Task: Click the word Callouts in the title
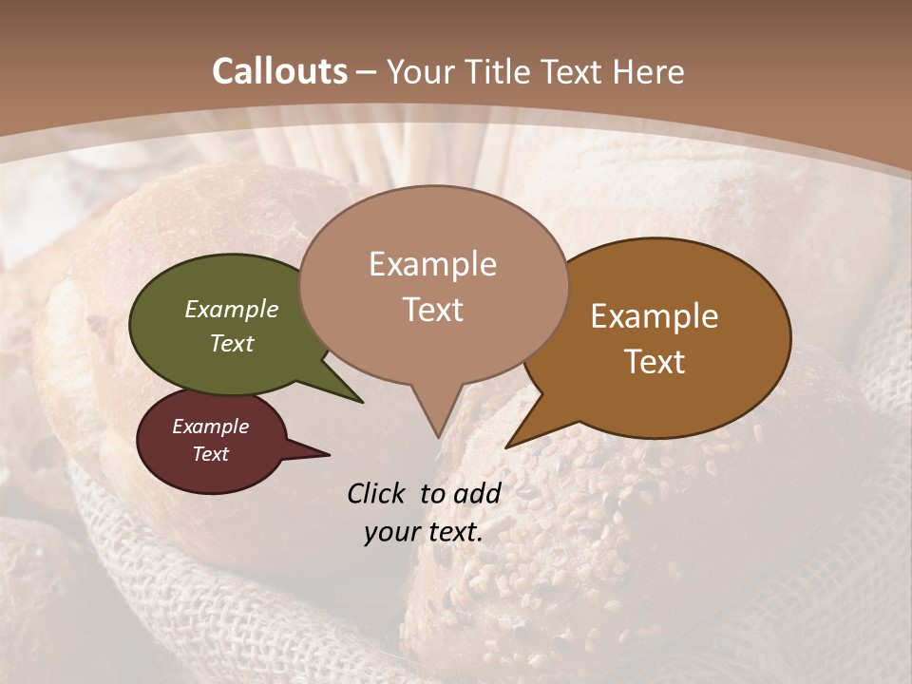point(279,71)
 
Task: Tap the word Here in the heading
point(648,71)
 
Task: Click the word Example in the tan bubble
point(432,264)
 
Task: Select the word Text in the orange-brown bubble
point(655,362)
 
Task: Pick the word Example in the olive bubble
point(232,309)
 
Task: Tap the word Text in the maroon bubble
point(211,454)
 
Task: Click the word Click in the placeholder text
point(377,493)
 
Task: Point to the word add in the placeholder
point(478,493)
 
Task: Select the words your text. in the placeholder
point(424,532)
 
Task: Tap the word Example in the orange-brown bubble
point(655,316)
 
